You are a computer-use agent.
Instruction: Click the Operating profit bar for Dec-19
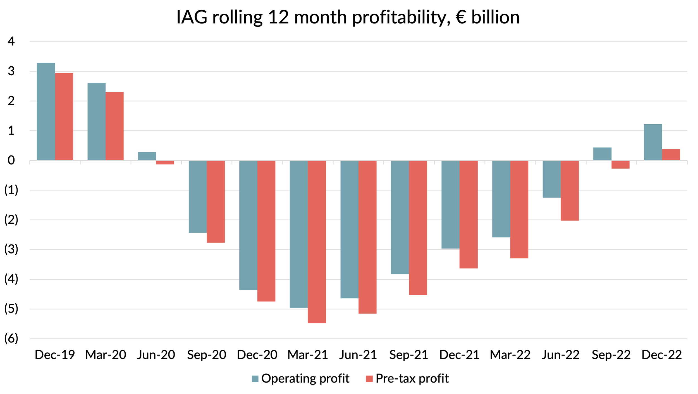click(x=46, y=112)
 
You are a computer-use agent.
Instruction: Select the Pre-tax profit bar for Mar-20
click(x=114, y=126)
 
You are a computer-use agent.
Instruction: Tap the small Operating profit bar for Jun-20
click(x=147, y=156)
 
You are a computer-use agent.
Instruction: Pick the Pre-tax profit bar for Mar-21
click(x=317, y=241)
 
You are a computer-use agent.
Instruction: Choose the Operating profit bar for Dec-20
click(x=248, y=225)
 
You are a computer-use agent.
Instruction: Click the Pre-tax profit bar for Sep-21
click(x=418, y=228)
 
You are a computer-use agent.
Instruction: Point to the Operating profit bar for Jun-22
click(x=551, y=179)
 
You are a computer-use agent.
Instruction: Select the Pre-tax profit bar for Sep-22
click(x=620, y=165)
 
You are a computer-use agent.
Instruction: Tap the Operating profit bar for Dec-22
click(x=653, y=142)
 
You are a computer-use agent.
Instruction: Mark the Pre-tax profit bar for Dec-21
click(x=468, y=214)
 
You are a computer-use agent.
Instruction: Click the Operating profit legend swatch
click(x=255, y=379)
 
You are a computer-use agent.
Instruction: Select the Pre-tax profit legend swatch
click(x=369, y=379)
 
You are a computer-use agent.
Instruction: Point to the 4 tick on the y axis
click(x=11, y=41)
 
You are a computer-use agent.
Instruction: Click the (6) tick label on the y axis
click(x=11, y=338)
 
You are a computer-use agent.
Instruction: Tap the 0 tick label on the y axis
click(x=11, y=160)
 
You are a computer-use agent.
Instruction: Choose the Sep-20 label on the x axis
click(x=206, y=355)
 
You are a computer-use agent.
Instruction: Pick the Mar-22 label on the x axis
click(x=510, y=355)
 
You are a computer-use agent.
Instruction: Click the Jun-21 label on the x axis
click(x=358, y=355)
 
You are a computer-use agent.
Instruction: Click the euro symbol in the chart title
click(x=461, y=17)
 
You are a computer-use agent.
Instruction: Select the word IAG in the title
click(x=192, y=17)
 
